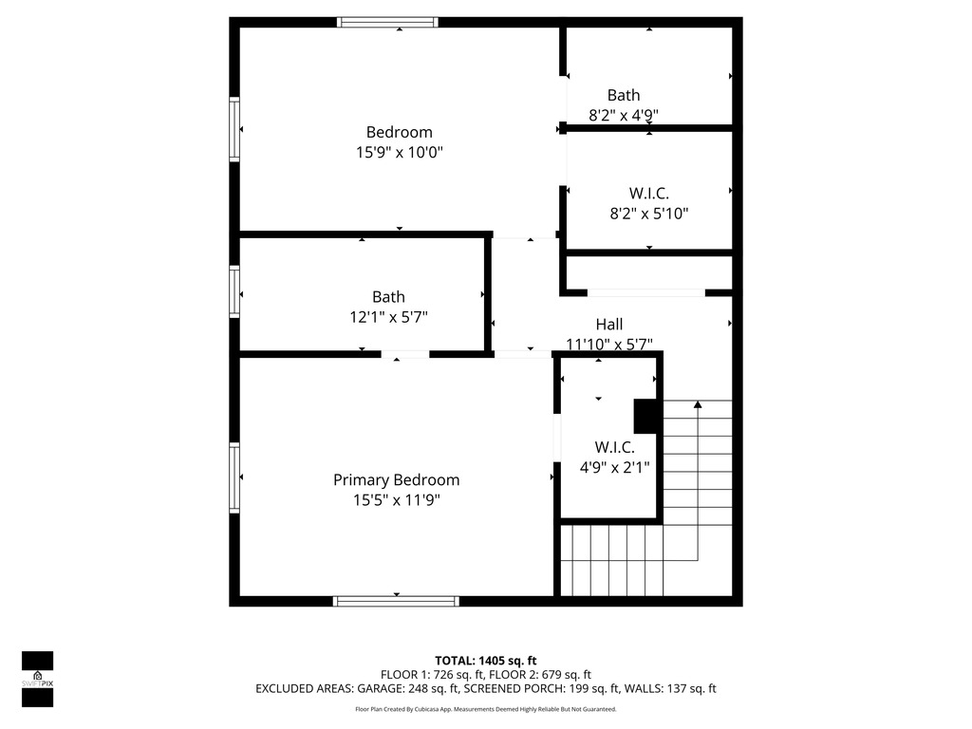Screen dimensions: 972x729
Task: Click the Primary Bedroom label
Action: pyautogui.click(x=396, y=480)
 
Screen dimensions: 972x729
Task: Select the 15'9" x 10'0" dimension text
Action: pyautogui.click(x=400, y=152)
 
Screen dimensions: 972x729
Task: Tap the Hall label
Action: pyautogui.click(x=609, y=325)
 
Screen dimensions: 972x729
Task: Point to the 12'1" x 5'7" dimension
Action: pyautogui.click(x=388, y=317)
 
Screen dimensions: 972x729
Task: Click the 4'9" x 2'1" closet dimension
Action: pyautogui.click(x=614, y=467)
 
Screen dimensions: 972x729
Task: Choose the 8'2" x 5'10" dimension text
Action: pyautogui.click(x=649, y=214)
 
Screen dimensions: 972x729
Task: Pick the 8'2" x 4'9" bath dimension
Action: pyautogui.click(x=623, y=115)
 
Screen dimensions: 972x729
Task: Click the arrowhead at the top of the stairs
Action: pyautogui.click(x=698, y=404)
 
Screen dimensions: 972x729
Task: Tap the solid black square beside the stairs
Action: pyautogui.click(x=645, y=416)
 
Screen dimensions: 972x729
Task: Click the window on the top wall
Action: pyautogui.click(x=387, y=23)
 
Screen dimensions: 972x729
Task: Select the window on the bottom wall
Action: pyautogui.click(x=396, y=601)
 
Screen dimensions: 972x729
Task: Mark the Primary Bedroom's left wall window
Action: pyautogui.click(x=234, y=477)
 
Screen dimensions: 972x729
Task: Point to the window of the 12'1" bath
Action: pyautogui.click(x=234, y=292)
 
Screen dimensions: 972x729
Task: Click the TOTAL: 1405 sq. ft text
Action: pyautogui.click(x=485, y=661)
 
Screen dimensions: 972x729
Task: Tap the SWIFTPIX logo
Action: pyautogui.click(x=37, y=679)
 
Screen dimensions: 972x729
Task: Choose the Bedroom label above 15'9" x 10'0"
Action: pyautogui.click(x=400, y=132)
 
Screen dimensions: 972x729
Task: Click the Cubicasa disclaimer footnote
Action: pyautogui.click(x=485, y=709)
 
